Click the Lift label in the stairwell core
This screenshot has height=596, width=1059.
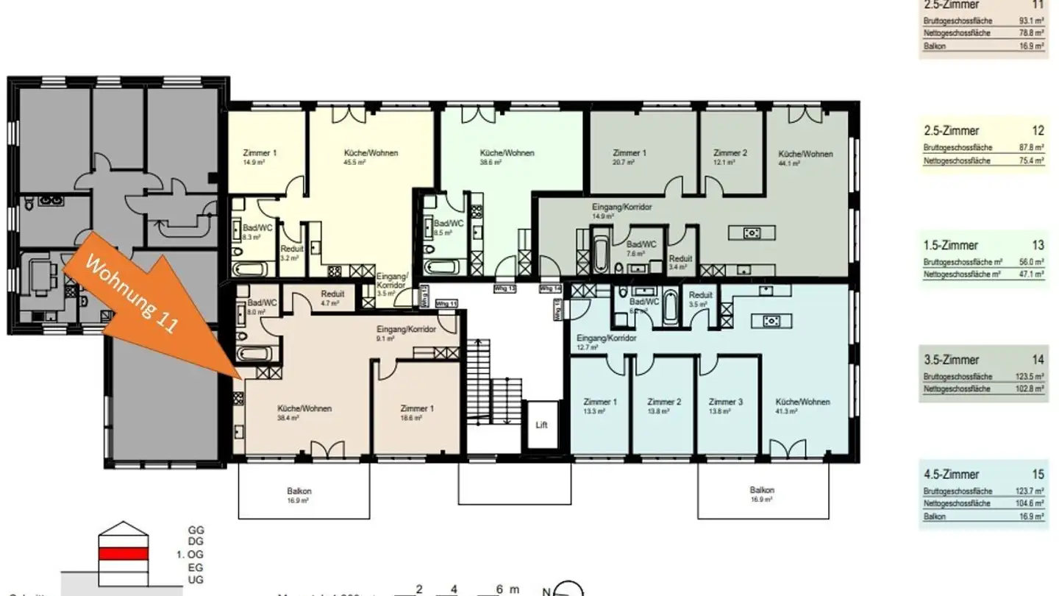[541, 425]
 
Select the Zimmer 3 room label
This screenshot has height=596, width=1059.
[726, 402]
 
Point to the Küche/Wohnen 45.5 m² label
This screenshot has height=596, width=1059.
[371, 153]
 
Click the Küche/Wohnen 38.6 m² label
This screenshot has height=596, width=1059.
[507, 153]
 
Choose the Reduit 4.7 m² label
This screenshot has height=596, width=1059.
[332, 294]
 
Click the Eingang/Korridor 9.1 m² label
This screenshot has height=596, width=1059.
[406, 330]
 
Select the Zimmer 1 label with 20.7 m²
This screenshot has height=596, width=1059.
[629, 153]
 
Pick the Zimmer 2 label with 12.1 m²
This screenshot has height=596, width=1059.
[730, 153]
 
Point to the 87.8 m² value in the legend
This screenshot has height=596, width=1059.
[1026, 148]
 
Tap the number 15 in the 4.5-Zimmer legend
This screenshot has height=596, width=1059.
[1038, 475]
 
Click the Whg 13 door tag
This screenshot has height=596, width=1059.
[504, 288]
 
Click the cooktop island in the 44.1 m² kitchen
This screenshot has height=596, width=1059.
[751, 233]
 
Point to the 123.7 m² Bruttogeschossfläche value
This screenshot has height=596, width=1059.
[1026, 491]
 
